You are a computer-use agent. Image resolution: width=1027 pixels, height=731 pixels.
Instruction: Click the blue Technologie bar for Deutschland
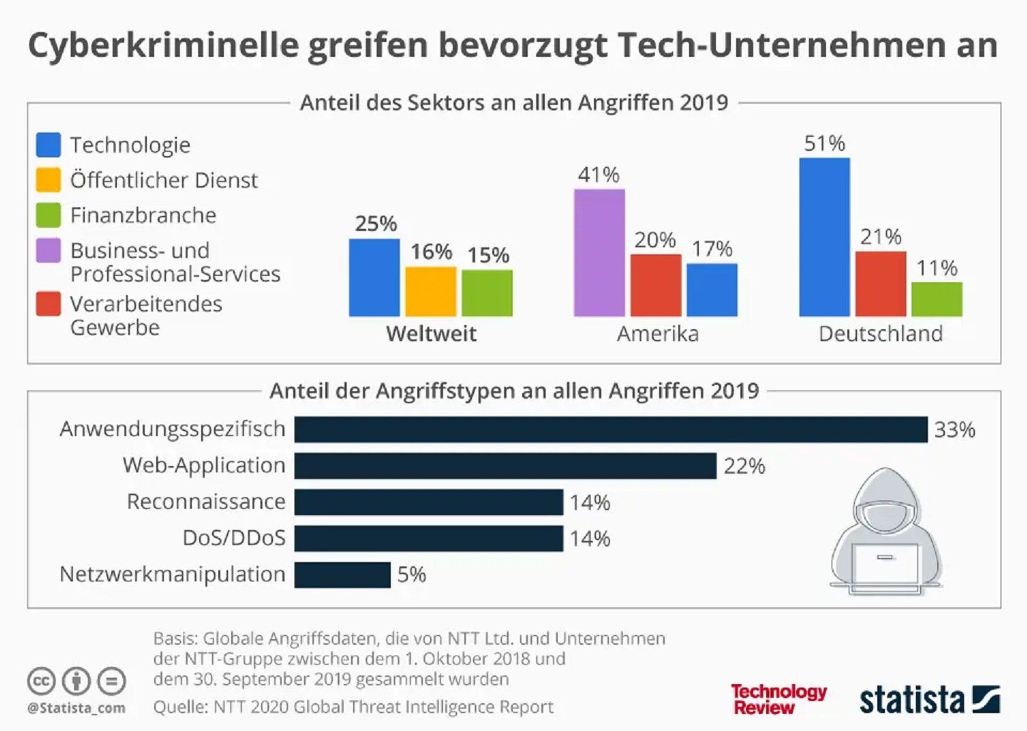pyautogui.click(x=824, y=237)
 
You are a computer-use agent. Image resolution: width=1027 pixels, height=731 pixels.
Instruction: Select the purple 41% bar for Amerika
pyautogui.click(x=599, y=253)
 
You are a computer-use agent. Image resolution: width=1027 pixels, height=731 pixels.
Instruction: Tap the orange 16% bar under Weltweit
pyautogui.click(x=431, y=291)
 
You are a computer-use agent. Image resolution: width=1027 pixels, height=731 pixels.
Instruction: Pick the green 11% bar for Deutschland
pyautogui.click(x=936, y=299)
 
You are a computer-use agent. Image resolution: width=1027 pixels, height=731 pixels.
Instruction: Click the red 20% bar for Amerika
pyautogui.click(x=655, y=285)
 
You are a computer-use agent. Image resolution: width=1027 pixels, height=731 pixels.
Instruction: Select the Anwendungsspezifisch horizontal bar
pyautogui.click(x=610, y=430)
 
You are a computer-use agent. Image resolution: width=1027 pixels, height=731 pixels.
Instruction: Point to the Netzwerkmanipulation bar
pyautogui.click(x=342, y=575)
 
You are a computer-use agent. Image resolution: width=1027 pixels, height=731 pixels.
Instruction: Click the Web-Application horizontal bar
pyautogui.click(x=505, y=466)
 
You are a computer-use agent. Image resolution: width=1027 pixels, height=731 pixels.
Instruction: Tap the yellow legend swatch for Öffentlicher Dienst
pyautogui.click(x=48, y=180)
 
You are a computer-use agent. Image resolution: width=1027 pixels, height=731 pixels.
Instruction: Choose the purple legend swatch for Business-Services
pyautogui.click(x=48, y=251)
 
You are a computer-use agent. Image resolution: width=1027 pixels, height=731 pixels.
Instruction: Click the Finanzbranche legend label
pyautogui.click(x=143, y=215)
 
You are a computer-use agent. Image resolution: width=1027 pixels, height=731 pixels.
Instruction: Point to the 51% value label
pyautogui.click(x=824, y=143)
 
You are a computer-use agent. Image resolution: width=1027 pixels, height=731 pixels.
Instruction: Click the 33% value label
pyautogui.click(x=954, y=430)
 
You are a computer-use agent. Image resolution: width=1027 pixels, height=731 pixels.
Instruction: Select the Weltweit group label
pyautogui.click(x=431, y=333)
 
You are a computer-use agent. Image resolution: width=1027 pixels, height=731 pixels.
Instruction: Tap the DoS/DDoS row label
pyautogui.click(x=234, y=538)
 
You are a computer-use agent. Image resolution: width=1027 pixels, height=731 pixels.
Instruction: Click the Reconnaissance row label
pyautogui.click(x=205, y=502)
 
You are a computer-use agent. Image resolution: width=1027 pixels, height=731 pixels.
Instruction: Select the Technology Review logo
pyautogui.click(x=778, y=699)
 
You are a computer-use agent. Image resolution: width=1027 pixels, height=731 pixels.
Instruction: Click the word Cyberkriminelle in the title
pyautogui.click(x=163, y=45)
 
